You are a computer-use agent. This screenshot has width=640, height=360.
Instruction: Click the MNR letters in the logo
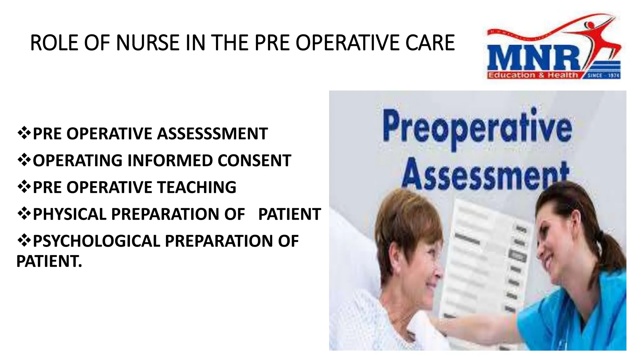point(533,58)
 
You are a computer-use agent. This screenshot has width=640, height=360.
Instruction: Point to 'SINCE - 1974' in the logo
point(603,75)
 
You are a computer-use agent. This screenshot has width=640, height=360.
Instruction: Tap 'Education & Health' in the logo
point(533,75)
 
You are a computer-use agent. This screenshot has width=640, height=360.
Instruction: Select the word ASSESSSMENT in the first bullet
point(212,134)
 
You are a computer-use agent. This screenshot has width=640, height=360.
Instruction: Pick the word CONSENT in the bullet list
point(254,161)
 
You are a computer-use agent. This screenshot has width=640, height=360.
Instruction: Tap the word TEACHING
point(197,187)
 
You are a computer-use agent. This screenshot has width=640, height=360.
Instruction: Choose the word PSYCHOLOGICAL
point(97,241)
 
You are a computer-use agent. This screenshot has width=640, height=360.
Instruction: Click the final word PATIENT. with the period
point(49,261)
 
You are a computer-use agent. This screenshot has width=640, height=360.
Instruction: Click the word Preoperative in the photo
point(477,128)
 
